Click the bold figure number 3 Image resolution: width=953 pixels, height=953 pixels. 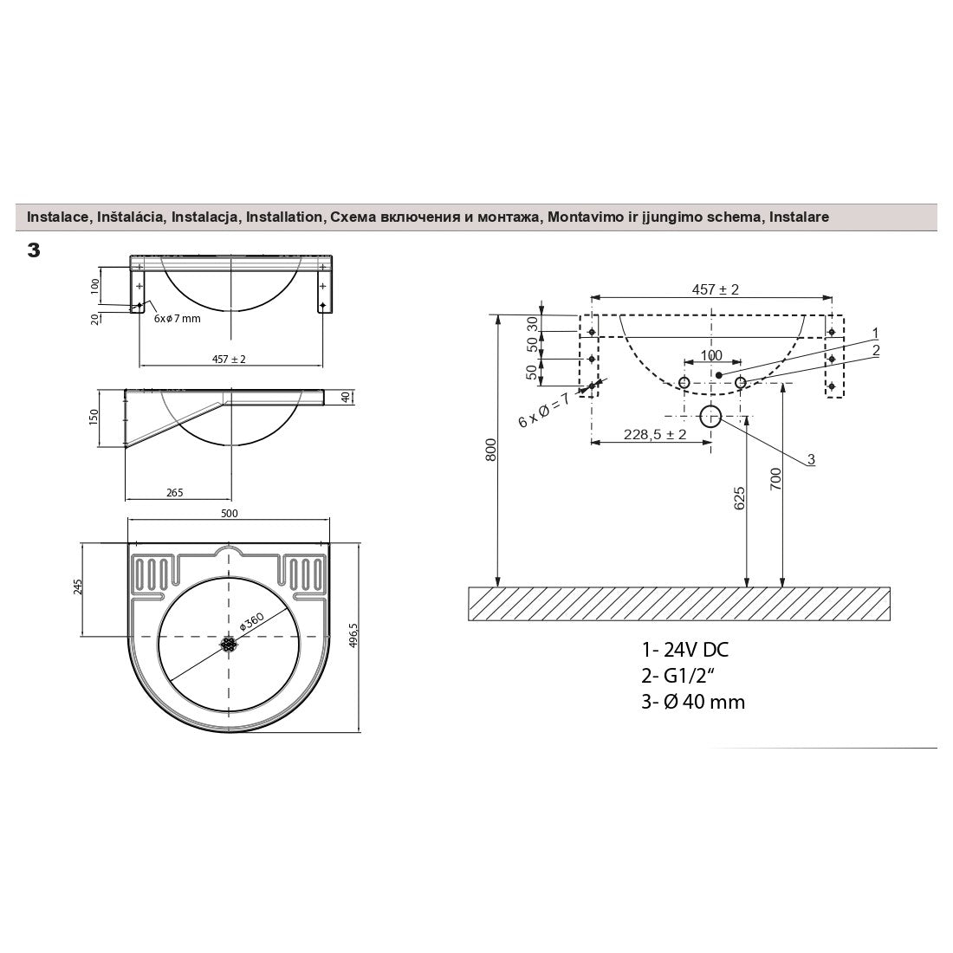pos(34,250)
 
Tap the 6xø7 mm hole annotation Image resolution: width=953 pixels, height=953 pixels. pos(177,319)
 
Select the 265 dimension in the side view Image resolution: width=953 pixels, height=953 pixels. pos(174,492)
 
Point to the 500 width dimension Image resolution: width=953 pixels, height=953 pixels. pos(229,514)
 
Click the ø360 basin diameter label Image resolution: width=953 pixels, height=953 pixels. pos(251,620)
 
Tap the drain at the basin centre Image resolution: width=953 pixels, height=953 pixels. pos(228,645)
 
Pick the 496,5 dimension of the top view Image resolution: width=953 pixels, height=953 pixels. pos(354,636)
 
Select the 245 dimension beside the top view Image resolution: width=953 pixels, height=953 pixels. pos(77,587)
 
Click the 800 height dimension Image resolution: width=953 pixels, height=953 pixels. pos(491,450)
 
